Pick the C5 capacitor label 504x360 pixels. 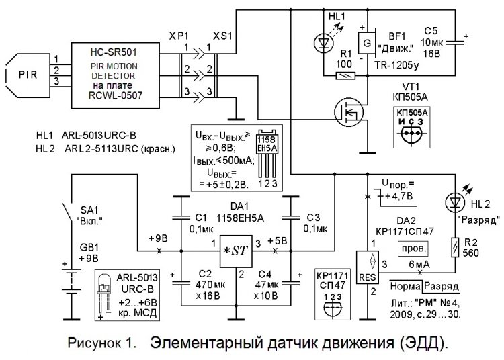[431, 30]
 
